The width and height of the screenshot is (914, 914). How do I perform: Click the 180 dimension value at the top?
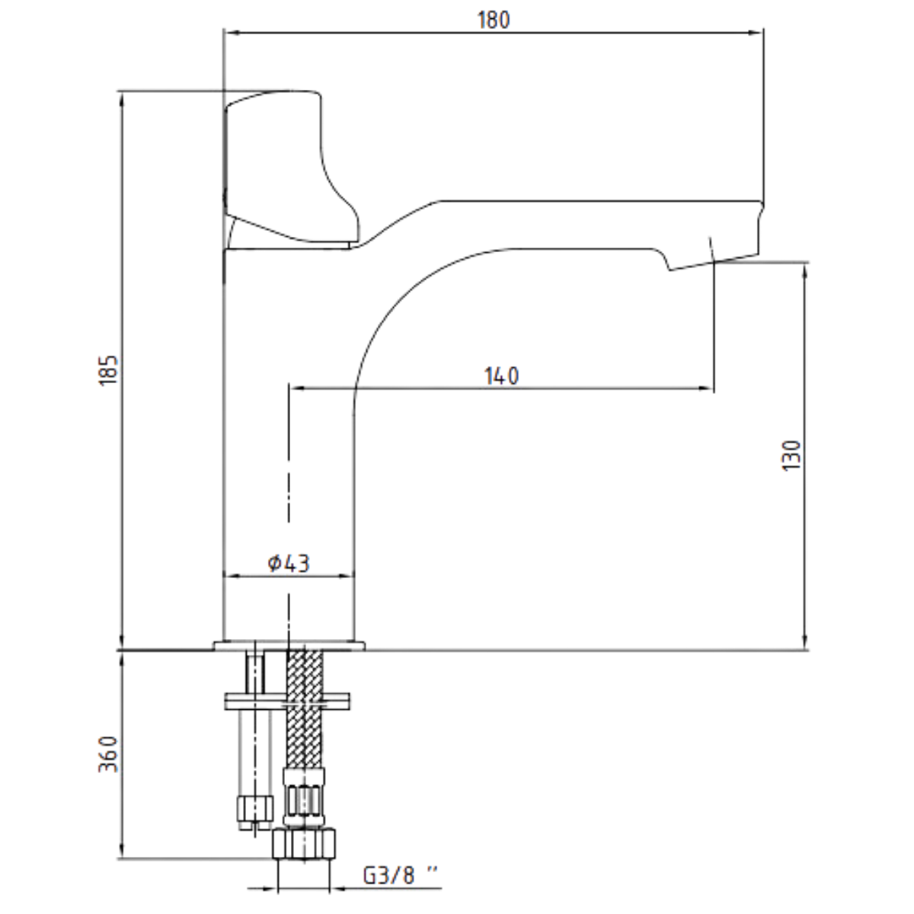pyautogui.click(x=494, y=20)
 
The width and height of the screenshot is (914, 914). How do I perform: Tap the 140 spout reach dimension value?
pyautogui.click(x=501, y=376)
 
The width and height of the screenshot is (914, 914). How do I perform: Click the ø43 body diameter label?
pyautogui.click(x=289, y=564)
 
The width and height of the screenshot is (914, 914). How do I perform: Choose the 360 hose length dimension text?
pyautogui.click(x=108, y=754)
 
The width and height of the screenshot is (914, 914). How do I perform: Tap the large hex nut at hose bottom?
pyautogui.click(x=305, y=845)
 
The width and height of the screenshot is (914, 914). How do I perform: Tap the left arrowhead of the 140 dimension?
pyautogui.click(x=296, y=389)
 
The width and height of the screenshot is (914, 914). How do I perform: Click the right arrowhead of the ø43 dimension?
pyautogui.click(x=350, y=577)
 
